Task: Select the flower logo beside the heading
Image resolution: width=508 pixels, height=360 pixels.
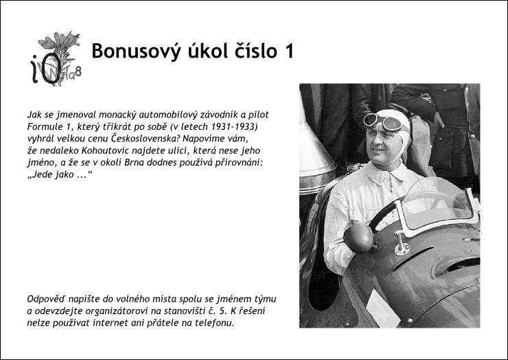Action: click(x=56, y=58)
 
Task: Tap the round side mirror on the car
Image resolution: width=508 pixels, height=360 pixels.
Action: click(x=358, y=238)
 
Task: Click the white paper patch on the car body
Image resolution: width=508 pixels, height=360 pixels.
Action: click(x=383, y=309)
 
